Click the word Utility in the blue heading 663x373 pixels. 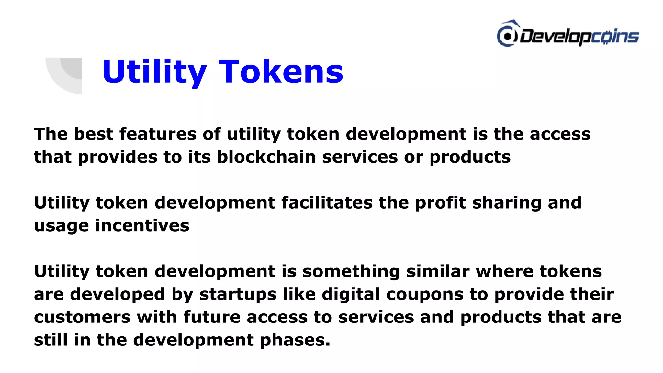pyautogui.click(x=154, y=72)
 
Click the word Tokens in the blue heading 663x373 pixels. pyautogui.click(x=281, y=72)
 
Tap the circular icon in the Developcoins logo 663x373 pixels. pyautogui.click(x=507, y=36)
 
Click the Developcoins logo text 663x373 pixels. pyautogui.click(x=579, y=36)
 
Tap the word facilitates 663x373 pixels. pyautogui.click(x=327, y=203)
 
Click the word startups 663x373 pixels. pyautogui.click(x=238, y=294)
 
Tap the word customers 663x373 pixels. pyautogui.click(x=82, y=317)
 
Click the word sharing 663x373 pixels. pyautogui.click(x=507, y=203)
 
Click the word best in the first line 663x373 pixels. pyautogui.click(x=94, y=134)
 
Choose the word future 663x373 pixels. pyautogui.click(x=212, y=317)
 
